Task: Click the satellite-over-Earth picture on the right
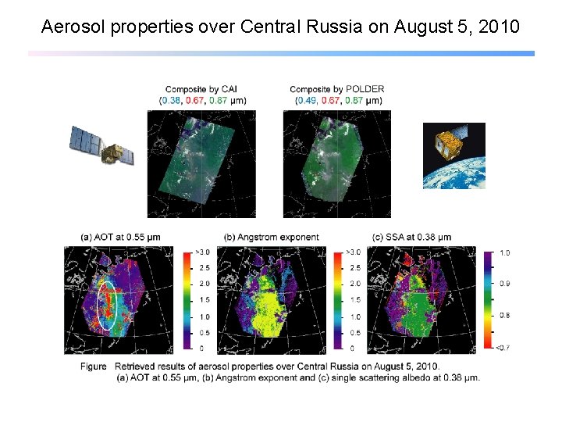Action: click(x=454, y=156)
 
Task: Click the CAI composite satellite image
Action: click(x=201, y=163)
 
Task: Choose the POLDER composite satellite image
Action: click(x=337, y=163)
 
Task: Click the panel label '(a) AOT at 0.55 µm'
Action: click(x=120, y=237)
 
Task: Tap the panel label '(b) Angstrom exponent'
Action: click(x=271, y=237)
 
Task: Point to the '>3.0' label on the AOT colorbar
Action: click(x=201, y=252)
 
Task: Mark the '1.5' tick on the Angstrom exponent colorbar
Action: click(x=354, y=300)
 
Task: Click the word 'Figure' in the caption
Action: click(x=93, y=367)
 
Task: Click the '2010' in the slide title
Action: click(x=499, y=27)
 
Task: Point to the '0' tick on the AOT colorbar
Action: click(x=201, y=348)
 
